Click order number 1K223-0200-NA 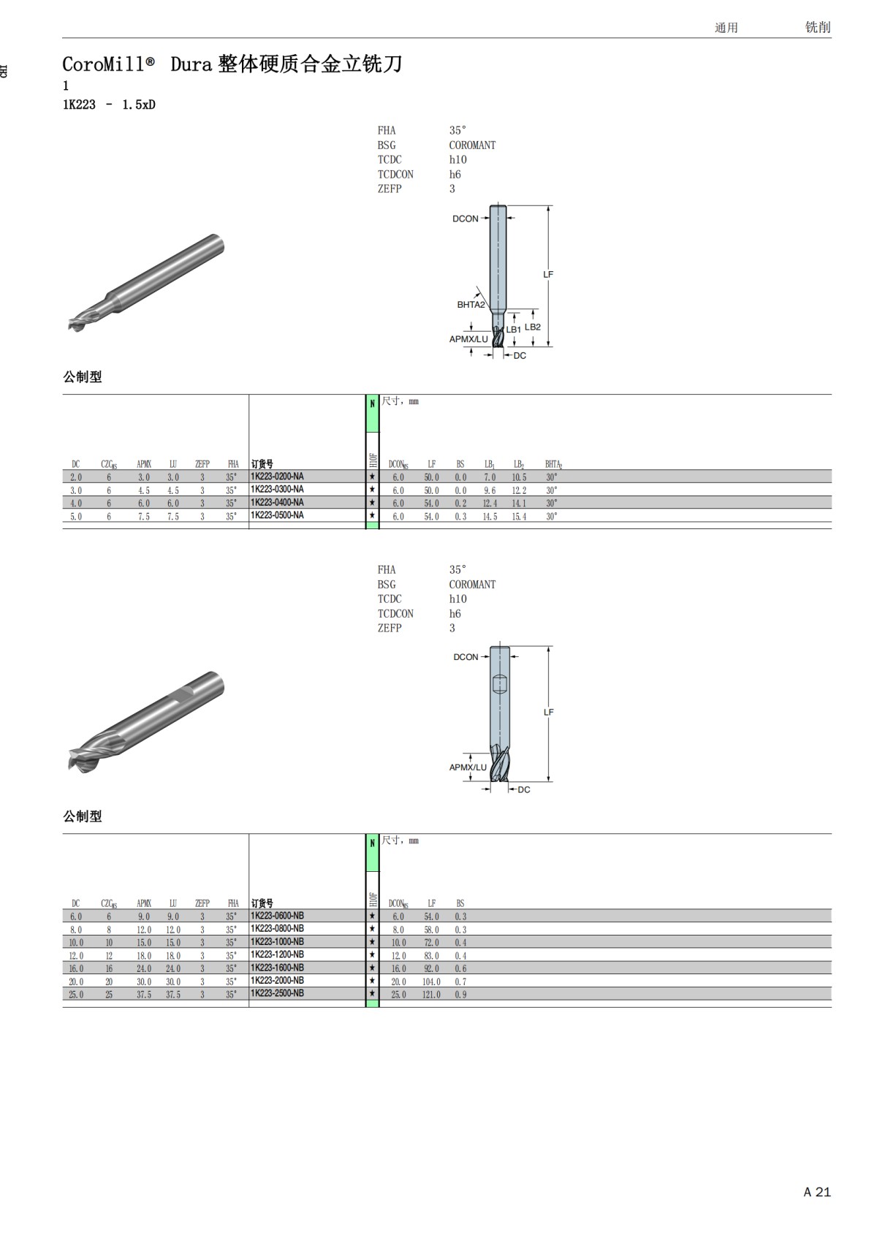point(277,477)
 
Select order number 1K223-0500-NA point(277,515)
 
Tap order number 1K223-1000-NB point(277,941)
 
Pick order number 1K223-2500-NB point(277,993)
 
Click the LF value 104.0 point(432,981)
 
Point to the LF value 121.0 point(432,995)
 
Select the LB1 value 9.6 point(490,490)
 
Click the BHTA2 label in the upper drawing point(471,305)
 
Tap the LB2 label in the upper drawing point(532,327)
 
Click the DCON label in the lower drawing point(466,657)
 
